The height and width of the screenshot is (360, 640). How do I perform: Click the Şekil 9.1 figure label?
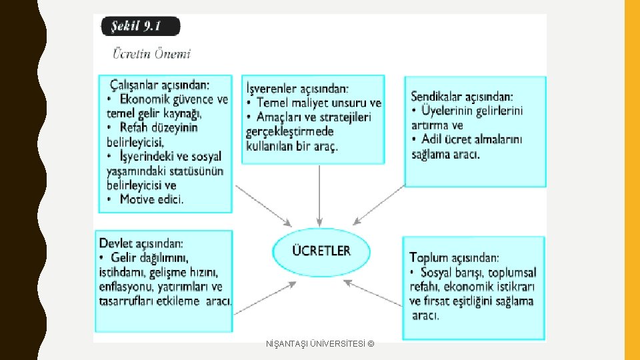click(x=140, y=27)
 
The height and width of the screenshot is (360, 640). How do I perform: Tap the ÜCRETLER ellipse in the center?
click(x=321, y=251)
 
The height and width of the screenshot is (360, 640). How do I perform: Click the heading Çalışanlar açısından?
click(x=159, y=85)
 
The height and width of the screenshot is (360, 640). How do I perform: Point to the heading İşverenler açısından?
click(x=297, y=88)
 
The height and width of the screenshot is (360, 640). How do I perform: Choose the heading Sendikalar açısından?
click(x=462, y=96)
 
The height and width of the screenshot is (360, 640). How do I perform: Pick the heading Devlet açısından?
click(x=141, y=243)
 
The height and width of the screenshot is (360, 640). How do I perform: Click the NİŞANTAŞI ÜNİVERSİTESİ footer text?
click(x=320, y=343)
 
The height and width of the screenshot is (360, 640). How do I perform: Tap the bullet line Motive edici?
click(x=151, y=199)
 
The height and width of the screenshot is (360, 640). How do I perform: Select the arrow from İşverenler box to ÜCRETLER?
click(x=320, y=193)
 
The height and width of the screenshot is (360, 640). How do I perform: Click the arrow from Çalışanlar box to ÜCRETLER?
click(x=263, y=205)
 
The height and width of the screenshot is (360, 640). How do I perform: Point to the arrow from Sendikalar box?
click(x=380, y=205)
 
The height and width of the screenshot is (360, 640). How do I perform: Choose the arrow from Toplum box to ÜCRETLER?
click(x=377, y=294)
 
